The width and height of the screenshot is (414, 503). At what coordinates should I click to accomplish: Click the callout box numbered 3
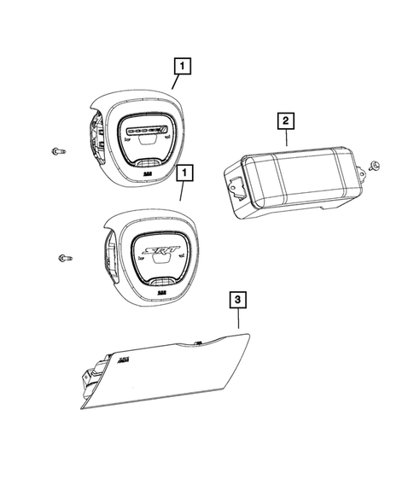[x=238, y=299]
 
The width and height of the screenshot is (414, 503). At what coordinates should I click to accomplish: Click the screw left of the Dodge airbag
[x=57, y=151]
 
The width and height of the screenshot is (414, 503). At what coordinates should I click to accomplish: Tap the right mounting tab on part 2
[x=362, y=176]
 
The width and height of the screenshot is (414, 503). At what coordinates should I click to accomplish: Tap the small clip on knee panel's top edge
[x=197, y=344]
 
